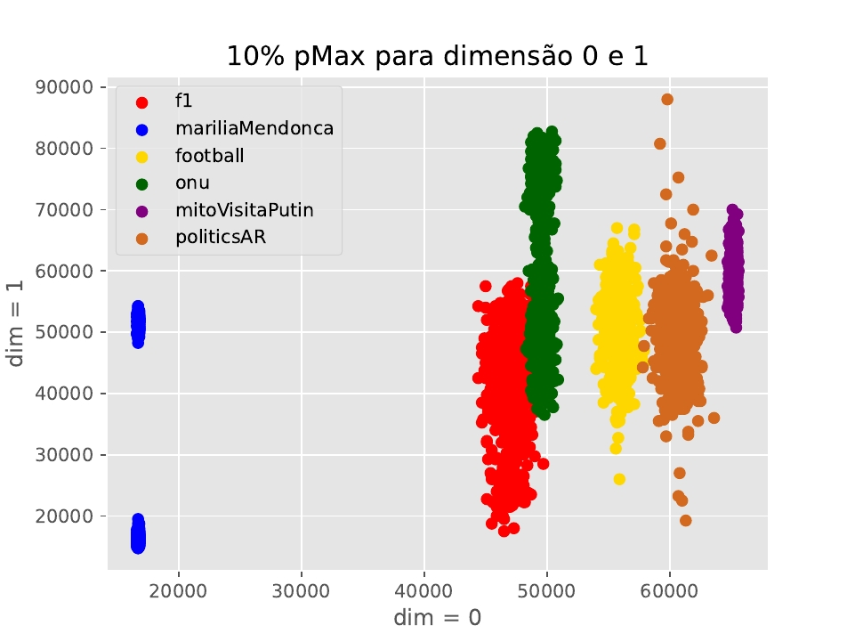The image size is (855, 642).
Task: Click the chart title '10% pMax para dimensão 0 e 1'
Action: [437, 56]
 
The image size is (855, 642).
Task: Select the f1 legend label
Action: [184, 100]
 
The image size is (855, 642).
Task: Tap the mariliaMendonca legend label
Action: [254, 128]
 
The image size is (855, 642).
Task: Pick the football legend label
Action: [209, 156]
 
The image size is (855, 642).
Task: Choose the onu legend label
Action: [192, 183]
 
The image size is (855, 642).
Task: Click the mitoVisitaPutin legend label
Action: [246, 211]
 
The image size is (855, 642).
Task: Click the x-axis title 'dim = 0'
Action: [437, 616]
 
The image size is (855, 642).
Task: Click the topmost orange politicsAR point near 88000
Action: [667, 100]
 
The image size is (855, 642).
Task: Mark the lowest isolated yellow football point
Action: [619, 479]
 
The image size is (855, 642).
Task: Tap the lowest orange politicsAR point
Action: [685, 521]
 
